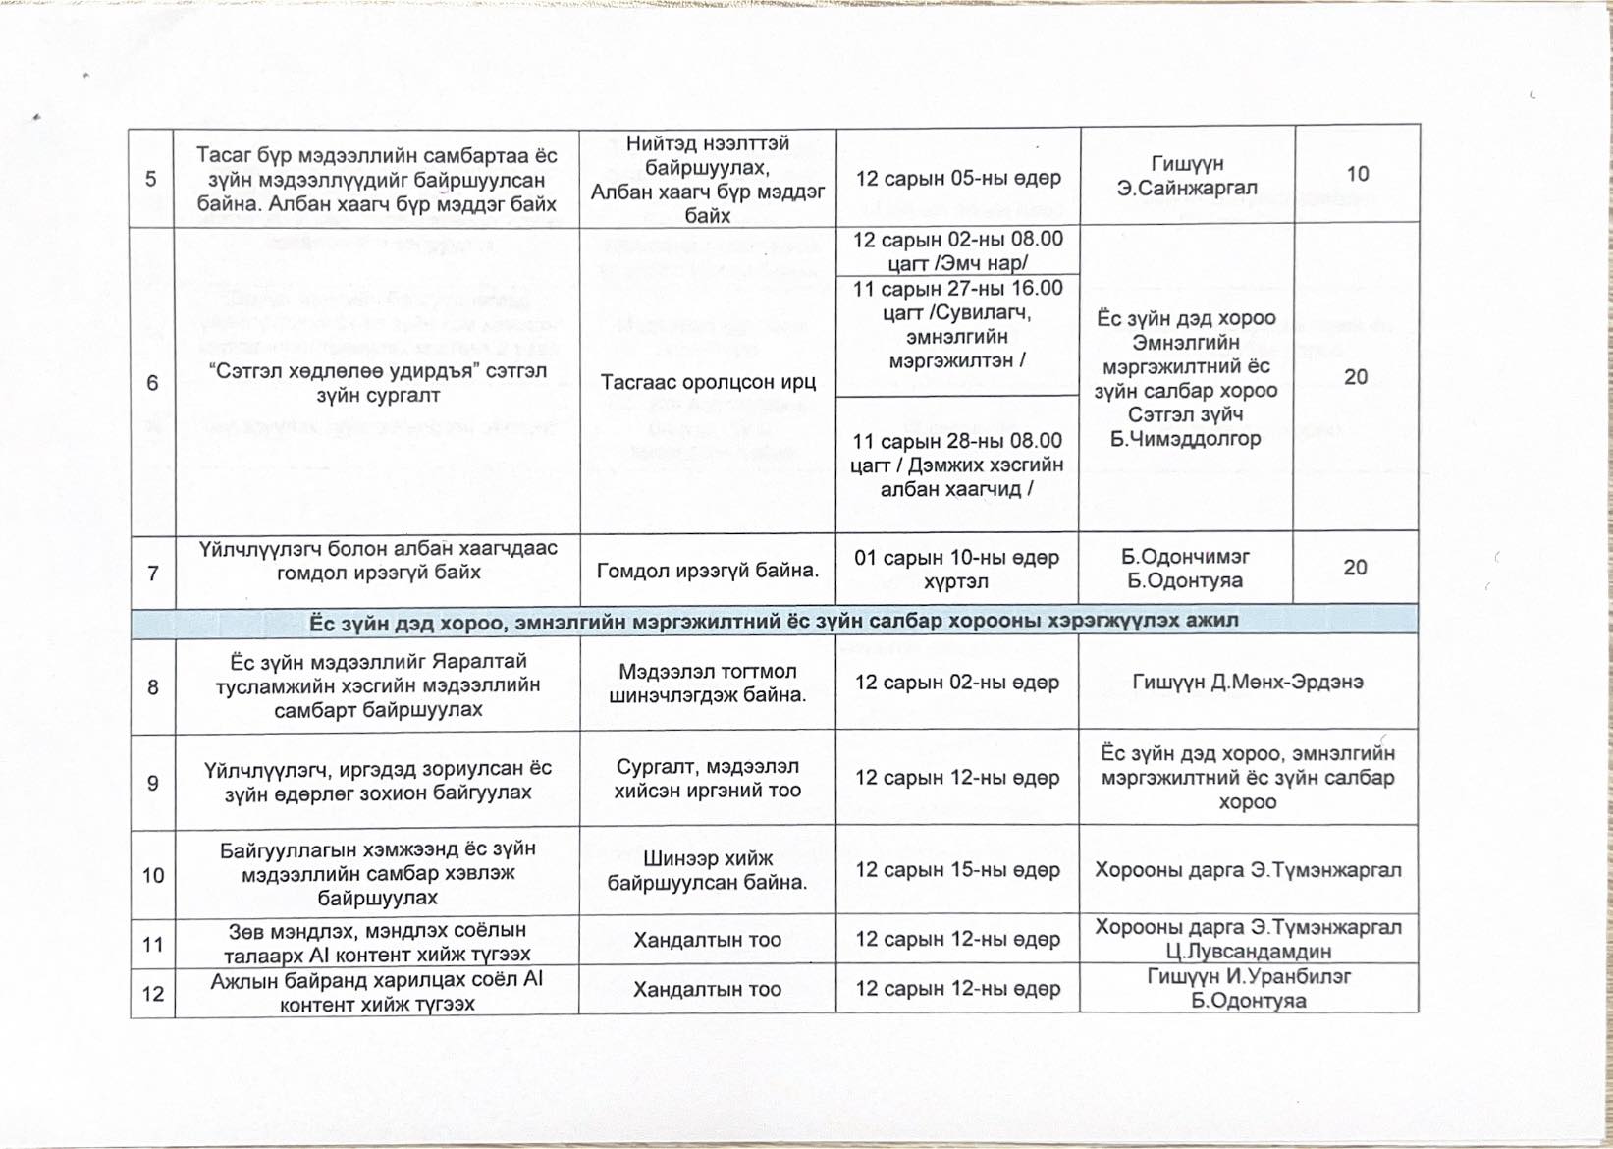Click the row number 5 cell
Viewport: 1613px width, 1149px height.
151,179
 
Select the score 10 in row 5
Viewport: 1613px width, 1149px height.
1357,174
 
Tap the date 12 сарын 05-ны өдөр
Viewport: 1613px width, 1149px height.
958,179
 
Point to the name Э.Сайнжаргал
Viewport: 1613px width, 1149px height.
1187,188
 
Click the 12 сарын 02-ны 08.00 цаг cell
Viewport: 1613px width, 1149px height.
957,251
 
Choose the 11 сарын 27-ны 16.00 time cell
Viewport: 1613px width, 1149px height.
957,324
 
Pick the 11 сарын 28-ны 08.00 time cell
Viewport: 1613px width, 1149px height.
957,465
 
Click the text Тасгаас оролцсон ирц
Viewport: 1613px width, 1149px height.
708,382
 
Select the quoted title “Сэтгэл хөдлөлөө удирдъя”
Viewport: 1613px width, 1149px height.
378,371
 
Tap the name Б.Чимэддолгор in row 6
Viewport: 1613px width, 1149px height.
1186,439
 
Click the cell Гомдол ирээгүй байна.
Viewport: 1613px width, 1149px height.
708,570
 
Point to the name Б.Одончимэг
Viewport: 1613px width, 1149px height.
1185,557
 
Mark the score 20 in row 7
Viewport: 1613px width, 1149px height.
1355,568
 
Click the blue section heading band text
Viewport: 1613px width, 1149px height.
774,621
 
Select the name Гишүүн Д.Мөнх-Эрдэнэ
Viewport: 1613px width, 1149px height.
1247,683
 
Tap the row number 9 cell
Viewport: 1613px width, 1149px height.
153,783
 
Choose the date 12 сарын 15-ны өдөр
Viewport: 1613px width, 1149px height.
957,870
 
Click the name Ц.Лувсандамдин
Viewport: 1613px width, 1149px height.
1248,951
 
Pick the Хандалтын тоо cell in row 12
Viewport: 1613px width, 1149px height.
707,989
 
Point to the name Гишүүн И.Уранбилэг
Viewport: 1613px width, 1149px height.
1248,976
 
